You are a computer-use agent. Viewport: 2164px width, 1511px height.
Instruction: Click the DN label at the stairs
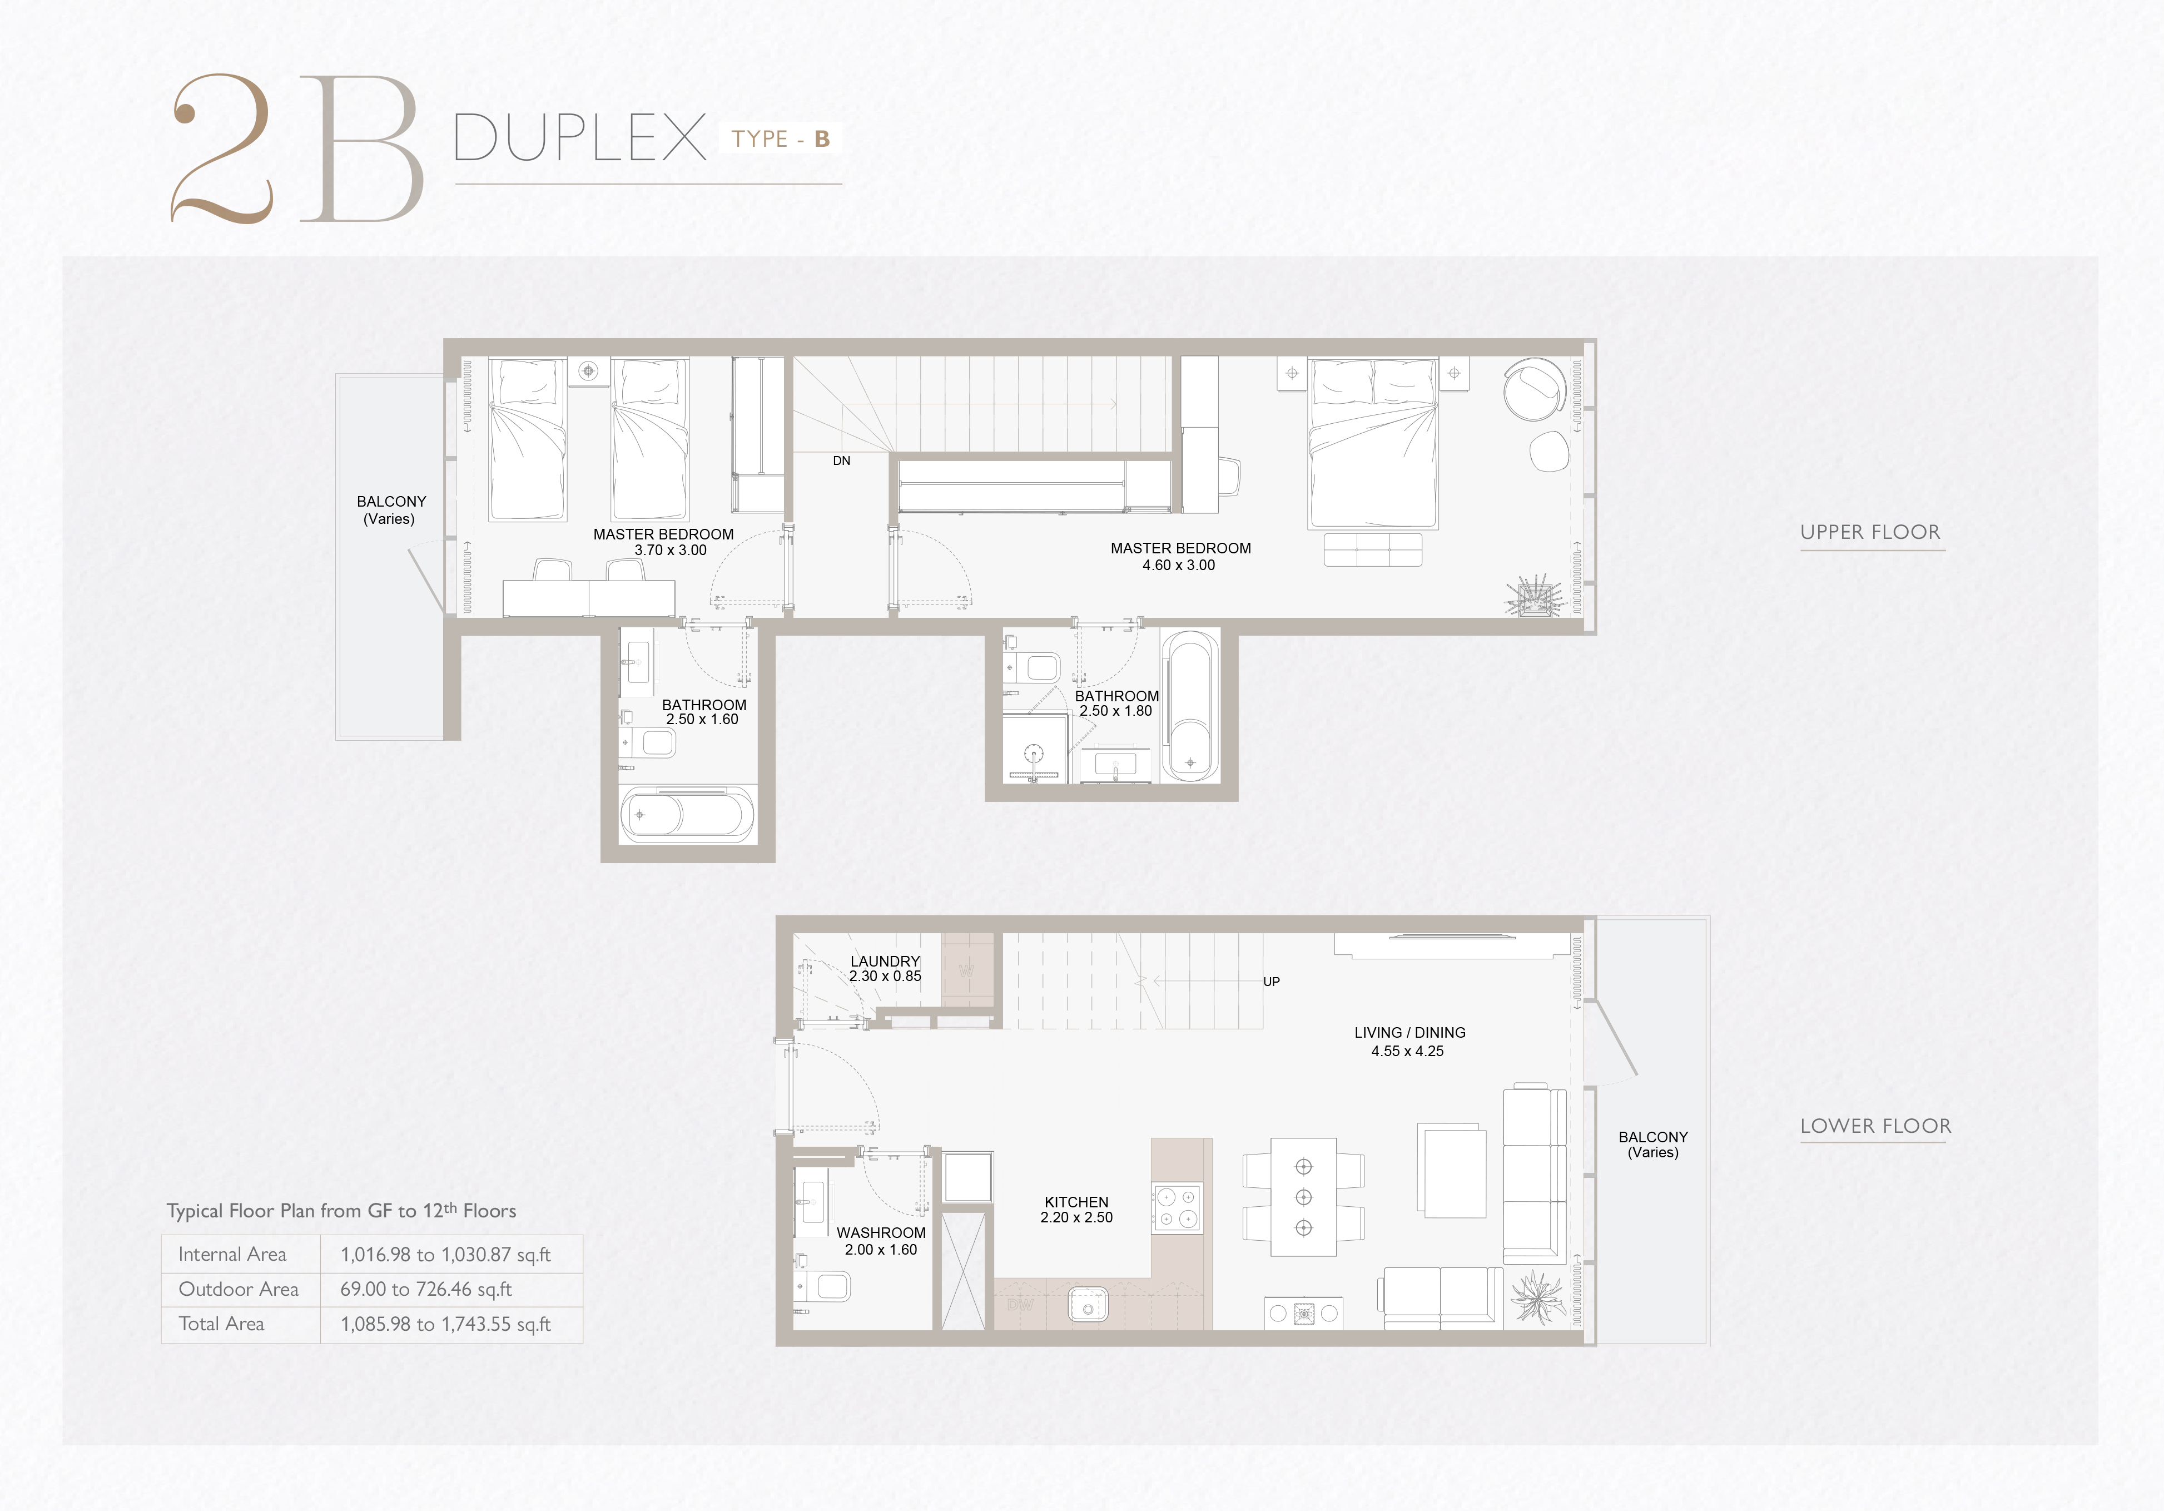(842, 461)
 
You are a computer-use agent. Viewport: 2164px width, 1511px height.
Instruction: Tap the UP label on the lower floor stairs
(1272, 981)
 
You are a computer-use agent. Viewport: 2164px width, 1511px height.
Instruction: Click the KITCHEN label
(1076, 1202)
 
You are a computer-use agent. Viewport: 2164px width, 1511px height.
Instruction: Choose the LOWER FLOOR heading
(1875, 1126)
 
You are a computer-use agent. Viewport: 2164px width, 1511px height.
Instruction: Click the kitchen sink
(1089, 1306)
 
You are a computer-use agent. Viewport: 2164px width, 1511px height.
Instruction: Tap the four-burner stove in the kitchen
(1177, 1207)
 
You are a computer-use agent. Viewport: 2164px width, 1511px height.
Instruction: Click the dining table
(1303, 1197)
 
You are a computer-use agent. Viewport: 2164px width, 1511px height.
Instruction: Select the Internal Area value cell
(446, 1255)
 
